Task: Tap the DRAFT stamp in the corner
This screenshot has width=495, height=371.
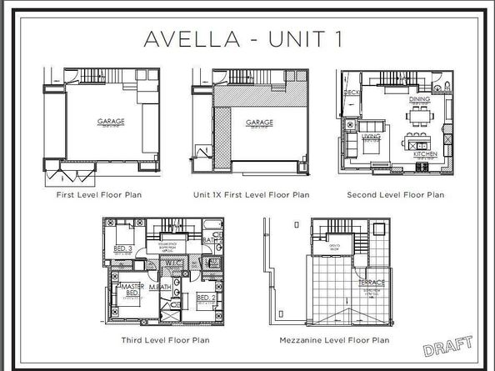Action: click(447, 344)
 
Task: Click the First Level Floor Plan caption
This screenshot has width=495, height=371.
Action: click(103, 195)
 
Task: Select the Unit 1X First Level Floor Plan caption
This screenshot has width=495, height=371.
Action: click(251, 195)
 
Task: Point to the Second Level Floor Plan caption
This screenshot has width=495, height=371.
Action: click(395, 195)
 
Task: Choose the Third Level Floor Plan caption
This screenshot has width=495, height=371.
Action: click(163, 339)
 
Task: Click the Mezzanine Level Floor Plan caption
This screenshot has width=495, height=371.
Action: click(347, 339)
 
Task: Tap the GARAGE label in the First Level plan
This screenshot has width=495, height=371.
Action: click(111, 122)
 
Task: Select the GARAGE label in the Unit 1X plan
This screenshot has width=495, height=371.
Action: click(259, 123)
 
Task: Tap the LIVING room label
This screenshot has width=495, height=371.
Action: click(371, 134)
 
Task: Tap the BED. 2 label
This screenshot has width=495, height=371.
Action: click(207, 297)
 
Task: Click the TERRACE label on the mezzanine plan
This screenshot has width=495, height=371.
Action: click(371, 282)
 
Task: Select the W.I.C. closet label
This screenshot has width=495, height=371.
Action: click(174, 264)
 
